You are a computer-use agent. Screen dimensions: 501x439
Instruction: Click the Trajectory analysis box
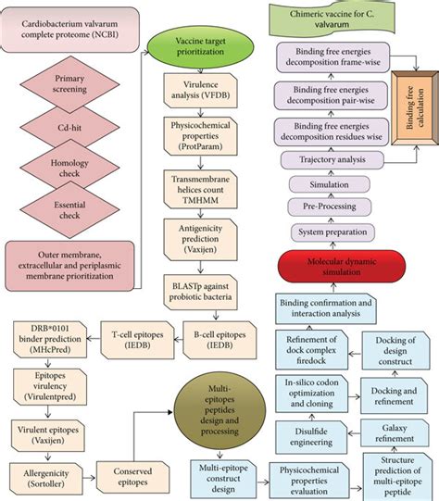pyautogui.click(x=323, y=160)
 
